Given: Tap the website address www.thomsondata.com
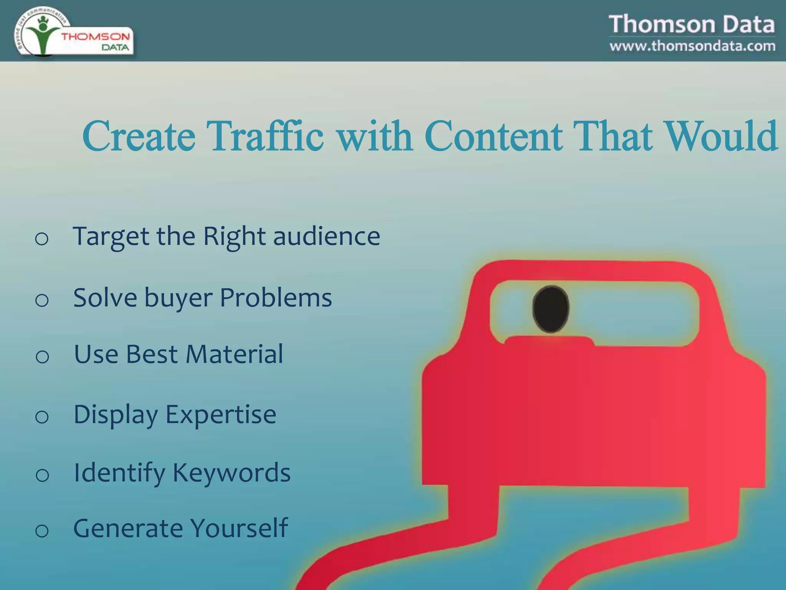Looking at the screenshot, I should tap(692, 46).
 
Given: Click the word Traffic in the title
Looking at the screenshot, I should tap(265, 136).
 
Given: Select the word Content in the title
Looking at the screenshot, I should tap(494, 136).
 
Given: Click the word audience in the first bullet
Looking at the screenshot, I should tap(327, 236).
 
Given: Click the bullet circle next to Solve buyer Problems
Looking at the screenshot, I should tap(41, 300).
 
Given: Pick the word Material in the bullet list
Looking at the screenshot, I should tap(234, 354).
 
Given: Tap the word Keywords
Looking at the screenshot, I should tap(231, 472).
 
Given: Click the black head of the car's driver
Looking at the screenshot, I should tap(551, 309).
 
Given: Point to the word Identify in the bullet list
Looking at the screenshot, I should tap(119, 472).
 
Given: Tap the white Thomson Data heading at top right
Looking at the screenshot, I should tap(692, 24).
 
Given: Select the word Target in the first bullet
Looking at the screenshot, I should tap(111, 237).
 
